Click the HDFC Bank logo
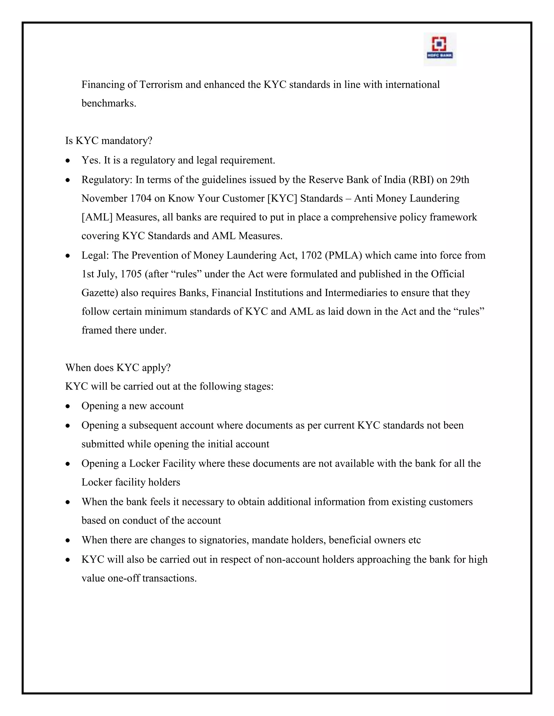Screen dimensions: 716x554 coord(440,49)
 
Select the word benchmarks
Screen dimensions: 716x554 coord(109,103)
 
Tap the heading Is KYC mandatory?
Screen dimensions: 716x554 coord(109,141)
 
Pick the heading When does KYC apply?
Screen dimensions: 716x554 coord(118,367)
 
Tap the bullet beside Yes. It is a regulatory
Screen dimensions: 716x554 coord(68,161)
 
